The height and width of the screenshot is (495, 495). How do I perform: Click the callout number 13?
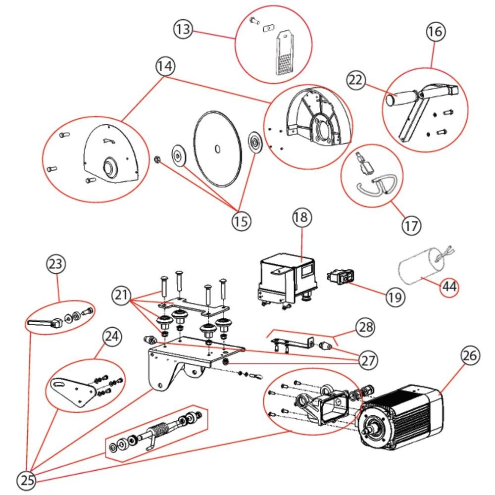[183, 29]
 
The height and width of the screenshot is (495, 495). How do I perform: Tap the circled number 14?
[165, 66]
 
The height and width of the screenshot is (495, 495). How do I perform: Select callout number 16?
[436, 32]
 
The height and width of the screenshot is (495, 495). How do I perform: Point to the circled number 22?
[356, 80]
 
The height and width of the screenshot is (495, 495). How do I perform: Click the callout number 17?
[411, 226]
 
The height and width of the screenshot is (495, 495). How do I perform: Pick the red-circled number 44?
[449, 287]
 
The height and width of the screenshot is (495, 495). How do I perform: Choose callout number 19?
[395, 297]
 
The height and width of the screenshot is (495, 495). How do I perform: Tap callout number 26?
[470, 355]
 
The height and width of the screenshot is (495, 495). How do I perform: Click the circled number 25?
[27, 480]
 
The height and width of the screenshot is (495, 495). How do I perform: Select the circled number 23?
[56, 264]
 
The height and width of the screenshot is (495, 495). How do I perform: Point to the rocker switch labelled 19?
[341, 276]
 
